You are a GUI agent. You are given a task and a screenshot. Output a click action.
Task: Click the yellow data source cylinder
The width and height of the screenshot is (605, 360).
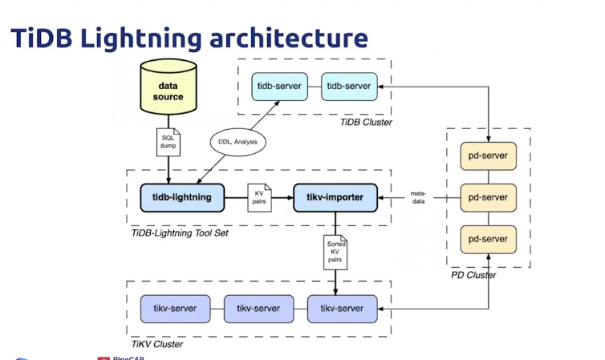coord(169,91)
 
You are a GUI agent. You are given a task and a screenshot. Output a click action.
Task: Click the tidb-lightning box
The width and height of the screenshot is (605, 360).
coord(175,197)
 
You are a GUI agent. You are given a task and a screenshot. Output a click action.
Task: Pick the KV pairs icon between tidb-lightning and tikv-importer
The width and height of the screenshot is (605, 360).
coord(258,198)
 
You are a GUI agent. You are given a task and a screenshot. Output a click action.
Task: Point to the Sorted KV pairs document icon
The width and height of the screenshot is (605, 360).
coord(335,251)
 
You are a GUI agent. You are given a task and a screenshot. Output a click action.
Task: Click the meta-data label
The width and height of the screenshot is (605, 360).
coord(418,197)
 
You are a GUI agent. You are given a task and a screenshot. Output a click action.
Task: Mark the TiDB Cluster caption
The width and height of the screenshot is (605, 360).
coord(365,121)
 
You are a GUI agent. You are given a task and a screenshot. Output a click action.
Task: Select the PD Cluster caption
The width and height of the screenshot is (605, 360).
coord(473,275)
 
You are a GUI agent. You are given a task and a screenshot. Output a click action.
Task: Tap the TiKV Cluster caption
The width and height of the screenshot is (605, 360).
coord(157,344)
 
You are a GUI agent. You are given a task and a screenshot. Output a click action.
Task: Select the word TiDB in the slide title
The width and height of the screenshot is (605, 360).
coord(39,38)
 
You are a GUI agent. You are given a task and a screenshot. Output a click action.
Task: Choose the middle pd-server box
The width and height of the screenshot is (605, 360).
coord(489,197)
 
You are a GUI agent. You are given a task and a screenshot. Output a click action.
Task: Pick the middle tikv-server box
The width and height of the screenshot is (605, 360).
coord(258,308)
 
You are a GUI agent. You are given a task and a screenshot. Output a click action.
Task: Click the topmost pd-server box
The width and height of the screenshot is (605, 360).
coord(489,154)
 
